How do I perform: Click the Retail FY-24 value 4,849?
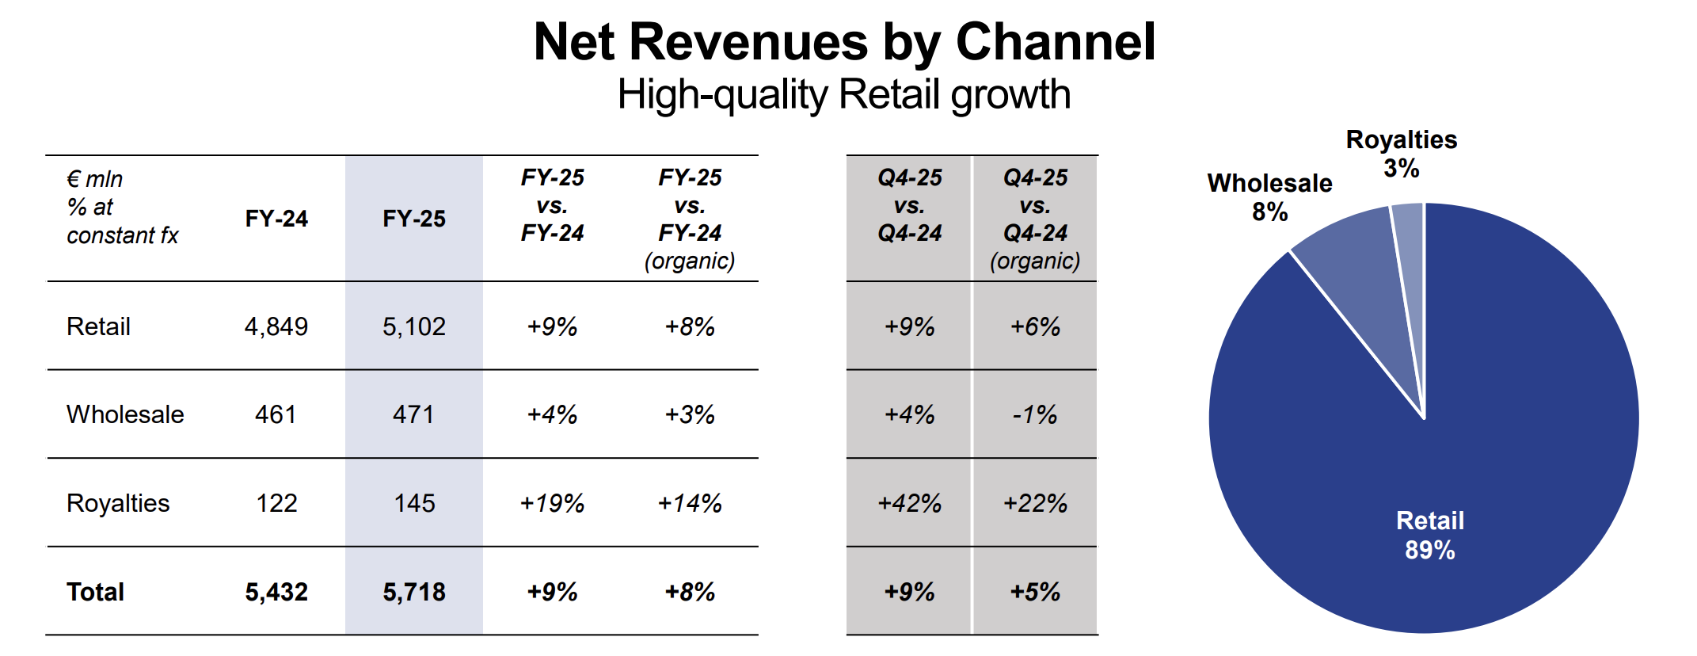click(x=276, y=326)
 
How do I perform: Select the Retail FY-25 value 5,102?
click(x=414, y=326)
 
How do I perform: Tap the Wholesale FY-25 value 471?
click(x=413, y=414)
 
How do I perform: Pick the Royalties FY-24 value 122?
click(x=276, y=503)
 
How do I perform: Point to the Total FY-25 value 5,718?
click(x=414, y=592)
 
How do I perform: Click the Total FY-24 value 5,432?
click(x=276, y=592)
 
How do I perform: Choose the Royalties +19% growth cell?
click(x=552, y=503)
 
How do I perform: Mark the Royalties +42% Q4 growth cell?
click(x=909, y=503)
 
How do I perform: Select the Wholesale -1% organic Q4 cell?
click(x=1035, y=414)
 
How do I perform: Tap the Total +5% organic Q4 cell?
click(x=1035, y=592)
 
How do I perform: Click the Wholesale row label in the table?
click(x=125, y=414)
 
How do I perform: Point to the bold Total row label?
click(x=95, y=592)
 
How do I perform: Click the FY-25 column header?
click(x=414, y=219)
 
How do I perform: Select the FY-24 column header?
click(x=276, y=219)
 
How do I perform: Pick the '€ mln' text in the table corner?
click(x=94, y=179)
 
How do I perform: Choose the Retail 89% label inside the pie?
click(x=1429, y=536)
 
